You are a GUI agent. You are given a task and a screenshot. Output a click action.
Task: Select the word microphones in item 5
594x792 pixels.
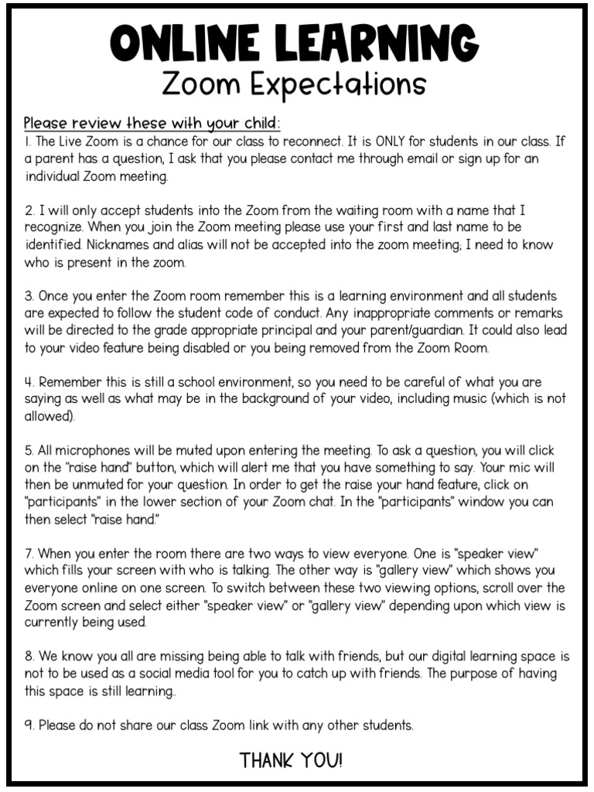pos(88,451)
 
